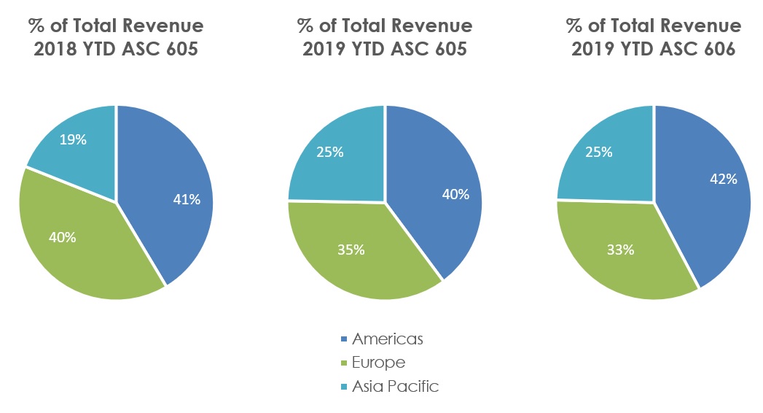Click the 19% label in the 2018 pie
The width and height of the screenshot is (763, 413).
[x=74, y=140]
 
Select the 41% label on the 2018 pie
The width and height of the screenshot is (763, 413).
[x=187, y=199]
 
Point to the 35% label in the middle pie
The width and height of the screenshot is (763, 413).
[x=351, y=250]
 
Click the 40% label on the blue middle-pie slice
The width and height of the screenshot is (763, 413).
[x=456, y=195]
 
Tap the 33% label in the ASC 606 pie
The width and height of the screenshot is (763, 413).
[x=620, y=250]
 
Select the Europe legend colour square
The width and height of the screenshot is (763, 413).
[x=344, y=363]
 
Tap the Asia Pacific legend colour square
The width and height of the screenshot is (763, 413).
[x=344, y=387]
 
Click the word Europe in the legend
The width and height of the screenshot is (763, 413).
[x=378, y=363]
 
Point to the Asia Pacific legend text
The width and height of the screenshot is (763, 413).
[x=396, y=387]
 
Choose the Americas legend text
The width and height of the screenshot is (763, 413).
[x=387, y=339]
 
